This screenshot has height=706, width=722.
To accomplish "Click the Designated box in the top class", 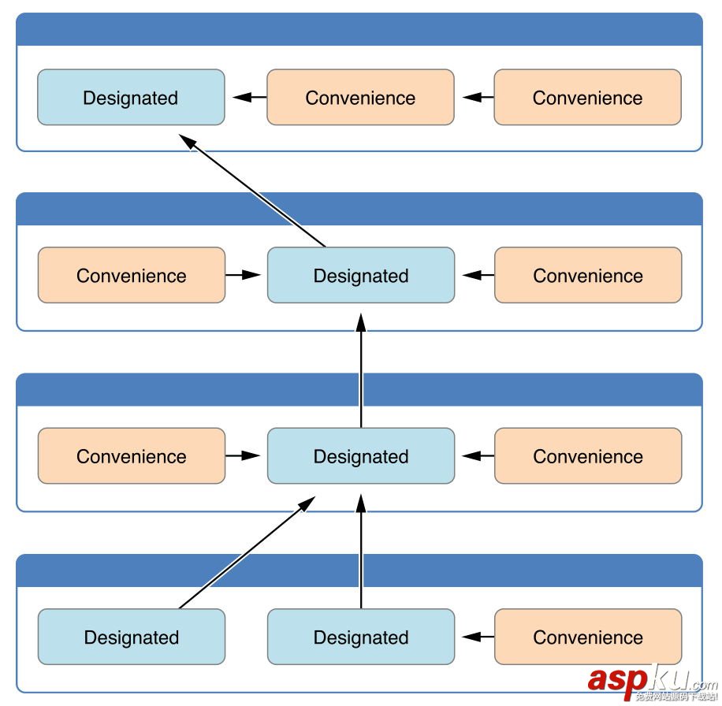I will pos(131,98).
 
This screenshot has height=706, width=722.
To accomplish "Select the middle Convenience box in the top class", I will pos(360,98).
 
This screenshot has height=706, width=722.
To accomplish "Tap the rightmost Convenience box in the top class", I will pos(587,98).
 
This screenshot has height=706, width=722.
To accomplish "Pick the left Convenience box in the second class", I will pos(131,276).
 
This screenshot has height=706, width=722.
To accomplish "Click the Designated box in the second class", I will pos(361,276).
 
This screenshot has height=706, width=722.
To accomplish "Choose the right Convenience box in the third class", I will pos(588,456).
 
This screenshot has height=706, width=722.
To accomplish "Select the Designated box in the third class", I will pos(361,456).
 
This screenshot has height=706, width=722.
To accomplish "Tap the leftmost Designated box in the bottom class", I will pos(131,637).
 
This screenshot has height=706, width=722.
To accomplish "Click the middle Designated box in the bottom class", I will pos(361,637).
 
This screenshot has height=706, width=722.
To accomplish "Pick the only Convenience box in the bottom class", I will pos(588,637).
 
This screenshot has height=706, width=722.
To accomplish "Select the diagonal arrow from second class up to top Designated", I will pos(252,190).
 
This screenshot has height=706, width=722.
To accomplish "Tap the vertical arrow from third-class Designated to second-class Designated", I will pos(361,370).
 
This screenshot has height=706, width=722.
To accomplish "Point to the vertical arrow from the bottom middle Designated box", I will pos(361,552).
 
